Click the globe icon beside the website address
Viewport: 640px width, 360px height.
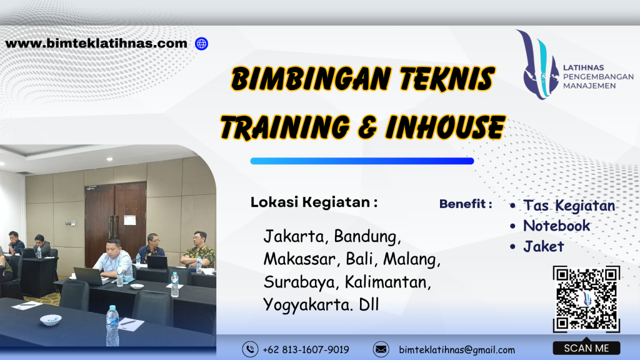click(201, 44)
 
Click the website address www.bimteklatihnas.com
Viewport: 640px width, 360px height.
click(96, 44)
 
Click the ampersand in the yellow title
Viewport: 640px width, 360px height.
click(366, 127)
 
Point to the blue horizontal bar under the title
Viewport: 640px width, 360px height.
click(362, 161)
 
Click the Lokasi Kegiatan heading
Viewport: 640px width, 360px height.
click(314, 202)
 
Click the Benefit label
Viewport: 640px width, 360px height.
click(466, 204)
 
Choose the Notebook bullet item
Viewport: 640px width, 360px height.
click(556, 226)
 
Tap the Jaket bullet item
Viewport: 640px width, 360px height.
click(543, 246)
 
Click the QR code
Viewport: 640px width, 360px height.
click(586, 299)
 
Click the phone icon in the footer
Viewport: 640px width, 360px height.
click(250, 349)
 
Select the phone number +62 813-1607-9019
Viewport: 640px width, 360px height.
click(306, 350)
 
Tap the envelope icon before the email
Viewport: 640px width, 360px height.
click(381, 349)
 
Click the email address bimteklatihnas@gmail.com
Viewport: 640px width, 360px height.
click(457, 350)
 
